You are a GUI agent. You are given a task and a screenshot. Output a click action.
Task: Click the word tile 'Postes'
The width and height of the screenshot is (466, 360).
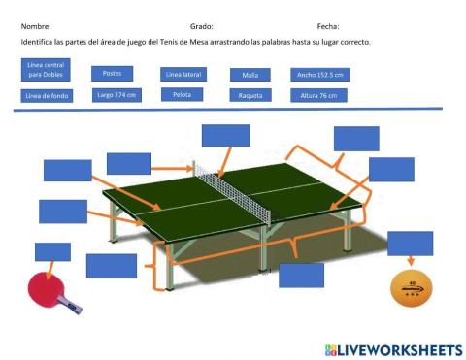point(112,74)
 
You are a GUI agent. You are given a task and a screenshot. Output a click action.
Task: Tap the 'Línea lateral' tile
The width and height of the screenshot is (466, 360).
point(183,74)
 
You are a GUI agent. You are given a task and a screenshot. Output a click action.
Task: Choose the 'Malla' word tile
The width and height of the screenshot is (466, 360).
point(250,75)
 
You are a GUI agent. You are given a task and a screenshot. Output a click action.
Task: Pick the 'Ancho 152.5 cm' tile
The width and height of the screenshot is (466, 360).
point(318,74)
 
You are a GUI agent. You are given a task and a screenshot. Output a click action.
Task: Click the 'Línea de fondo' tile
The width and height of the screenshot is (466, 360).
point(43,96)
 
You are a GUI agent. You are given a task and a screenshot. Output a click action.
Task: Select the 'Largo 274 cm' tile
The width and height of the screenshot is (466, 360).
point(116,95)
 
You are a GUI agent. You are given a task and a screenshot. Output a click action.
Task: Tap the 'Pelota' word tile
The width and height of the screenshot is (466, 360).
point(183,95)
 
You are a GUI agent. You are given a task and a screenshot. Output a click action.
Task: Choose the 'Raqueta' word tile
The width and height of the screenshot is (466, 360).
point(250,96)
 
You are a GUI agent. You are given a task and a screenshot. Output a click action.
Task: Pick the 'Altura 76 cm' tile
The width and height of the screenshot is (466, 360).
point(318,95)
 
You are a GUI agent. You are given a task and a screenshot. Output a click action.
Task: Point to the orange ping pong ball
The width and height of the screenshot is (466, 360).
point(409,287)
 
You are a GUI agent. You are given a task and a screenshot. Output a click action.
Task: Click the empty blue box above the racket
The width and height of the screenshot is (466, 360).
point(52,251)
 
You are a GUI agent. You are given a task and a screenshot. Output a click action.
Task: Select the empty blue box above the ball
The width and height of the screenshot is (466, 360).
point(410,243)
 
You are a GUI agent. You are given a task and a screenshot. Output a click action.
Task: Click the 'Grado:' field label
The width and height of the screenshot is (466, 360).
point(201,27)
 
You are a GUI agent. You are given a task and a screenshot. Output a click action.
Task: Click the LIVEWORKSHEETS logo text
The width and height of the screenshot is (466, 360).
point(399,348)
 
